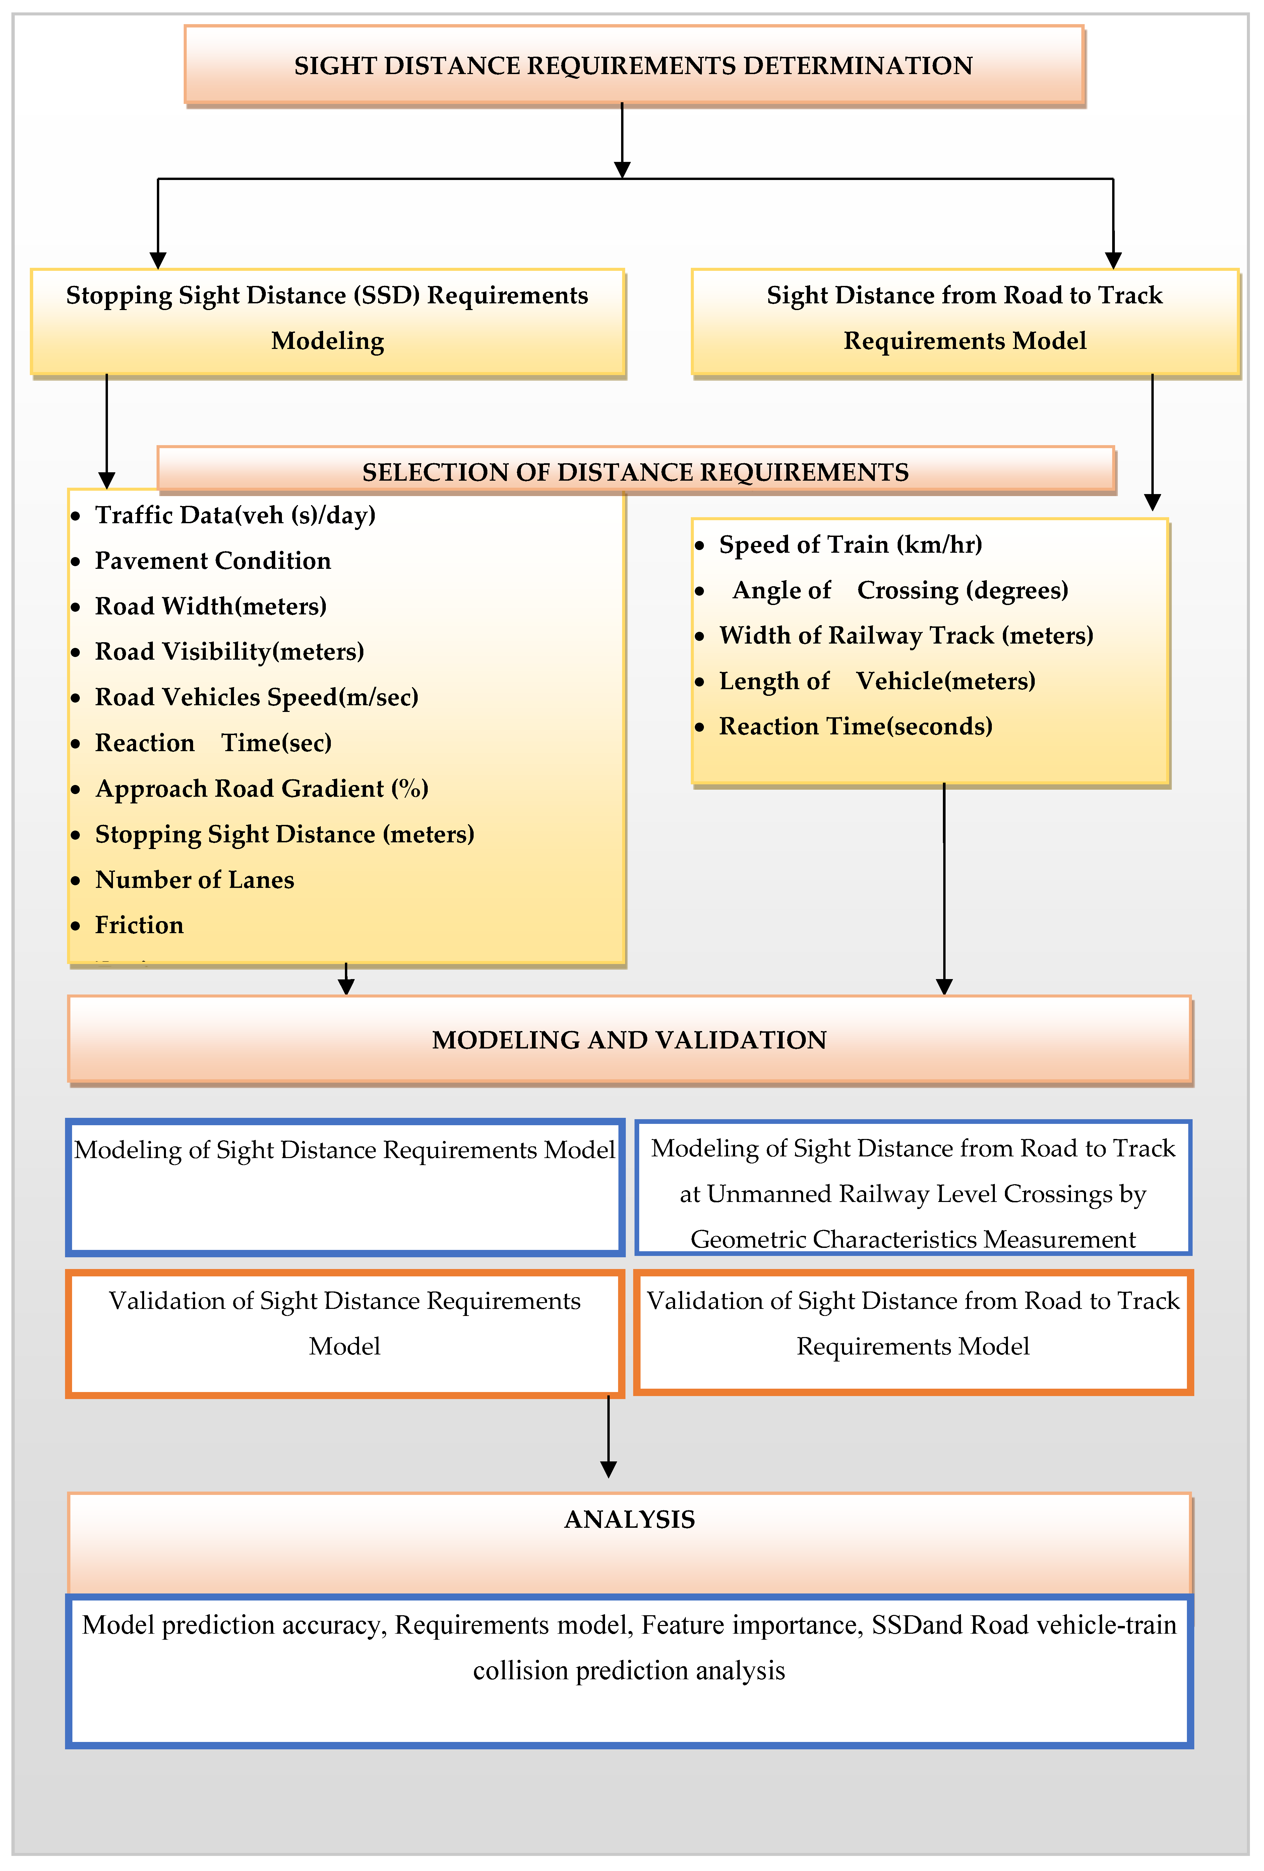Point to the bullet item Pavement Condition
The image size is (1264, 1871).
213,560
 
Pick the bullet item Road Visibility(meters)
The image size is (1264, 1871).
230,651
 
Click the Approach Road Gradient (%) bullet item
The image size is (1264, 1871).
262,788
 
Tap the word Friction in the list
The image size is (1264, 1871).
139,925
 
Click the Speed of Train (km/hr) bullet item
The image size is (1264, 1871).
850,544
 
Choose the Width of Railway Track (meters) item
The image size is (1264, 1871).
906,635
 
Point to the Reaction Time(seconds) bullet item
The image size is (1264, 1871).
855,726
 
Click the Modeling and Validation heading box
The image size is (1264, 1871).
629,1039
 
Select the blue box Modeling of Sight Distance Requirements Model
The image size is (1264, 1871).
345,1187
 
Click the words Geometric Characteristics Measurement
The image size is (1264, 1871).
913,1239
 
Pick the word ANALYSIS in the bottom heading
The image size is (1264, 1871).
629,1519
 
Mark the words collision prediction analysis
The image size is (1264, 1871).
629,1671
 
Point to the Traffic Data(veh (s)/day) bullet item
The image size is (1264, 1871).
235,515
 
